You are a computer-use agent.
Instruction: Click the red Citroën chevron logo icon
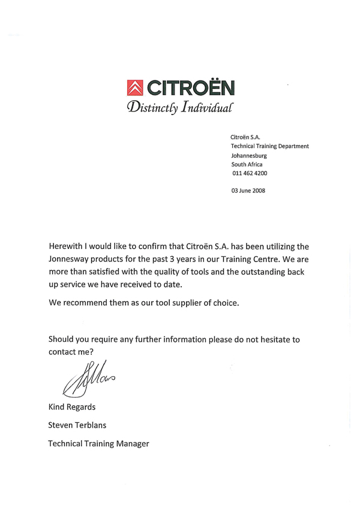pyautogui.click(x=136, y=89)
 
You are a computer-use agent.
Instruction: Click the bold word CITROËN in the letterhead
pyautogui.click(x=191, y=89)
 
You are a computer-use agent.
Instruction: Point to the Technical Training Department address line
pyautogui.click(x=269, y=146)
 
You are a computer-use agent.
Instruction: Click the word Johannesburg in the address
pyautogui.click(x=249, y=155)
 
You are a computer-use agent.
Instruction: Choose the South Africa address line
pyautogui.click(x=247, y=164)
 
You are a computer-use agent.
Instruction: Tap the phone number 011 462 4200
pyautogui.click(x=250, y=173)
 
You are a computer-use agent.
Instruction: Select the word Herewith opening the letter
pyautogui.click(x=70, y=246)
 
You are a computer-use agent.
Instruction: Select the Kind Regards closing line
pyautogui.click(x=73, y=408)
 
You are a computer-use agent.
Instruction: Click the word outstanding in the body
pyautogui.click(x=251, y=272)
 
